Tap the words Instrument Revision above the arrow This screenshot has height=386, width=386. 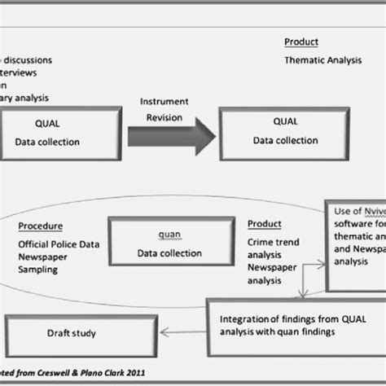tap(164, 109)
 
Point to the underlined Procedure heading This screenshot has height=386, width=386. tap(40, 226)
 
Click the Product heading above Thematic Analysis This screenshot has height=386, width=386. tap(300, 42)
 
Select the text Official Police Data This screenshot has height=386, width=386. tap(58, 243)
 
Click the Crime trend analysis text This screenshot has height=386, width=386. tap(274, 248)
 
